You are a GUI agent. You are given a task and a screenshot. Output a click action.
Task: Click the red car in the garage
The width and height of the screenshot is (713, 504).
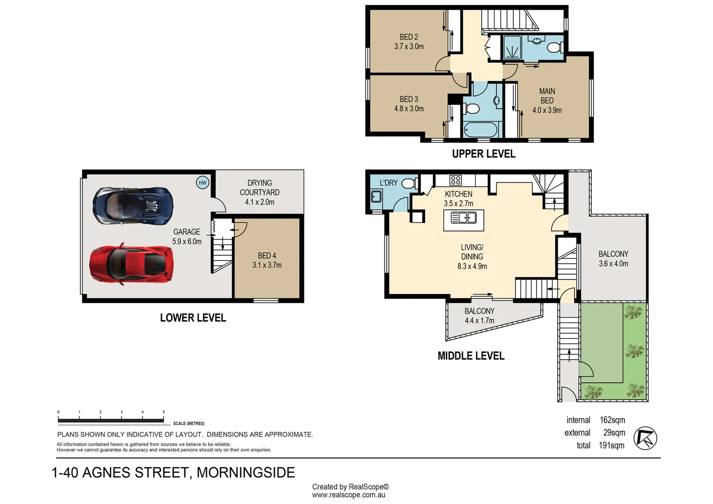point(131,264)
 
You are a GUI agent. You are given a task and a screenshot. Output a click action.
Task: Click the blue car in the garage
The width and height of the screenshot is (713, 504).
point(133,206)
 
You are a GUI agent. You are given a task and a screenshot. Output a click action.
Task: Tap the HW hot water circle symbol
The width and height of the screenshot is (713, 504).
point(202,182)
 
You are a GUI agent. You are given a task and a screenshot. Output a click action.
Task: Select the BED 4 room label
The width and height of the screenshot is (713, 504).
point(267,256)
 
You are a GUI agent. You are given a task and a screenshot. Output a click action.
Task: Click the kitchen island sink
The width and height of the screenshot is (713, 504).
point(463,218)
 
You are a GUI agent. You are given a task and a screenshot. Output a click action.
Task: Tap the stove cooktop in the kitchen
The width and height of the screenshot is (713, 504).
point(455,180)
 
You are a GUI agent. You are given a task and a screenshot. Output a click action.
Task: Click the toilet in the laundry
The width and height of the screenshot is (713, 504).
point(409,183)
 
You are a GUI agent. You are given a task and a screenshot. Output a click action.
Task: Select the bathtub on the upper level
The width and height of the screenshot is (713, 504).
point(481,130)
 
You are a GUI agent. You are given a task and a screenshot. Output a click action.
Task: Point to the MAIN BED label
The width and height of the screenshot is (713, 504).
point(547,96)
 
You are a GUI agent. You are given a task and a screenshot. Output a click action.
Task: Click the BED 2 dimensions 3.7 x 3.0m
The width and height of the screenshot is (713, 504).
point(409,47)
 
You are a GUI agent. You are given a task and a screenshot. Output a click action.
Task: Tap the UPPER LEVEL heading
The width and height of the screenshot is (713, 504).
point(483,154)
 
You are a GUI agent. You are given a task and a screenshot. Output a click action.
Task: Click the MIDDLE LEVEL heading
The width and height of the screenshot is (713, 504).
point(471,356)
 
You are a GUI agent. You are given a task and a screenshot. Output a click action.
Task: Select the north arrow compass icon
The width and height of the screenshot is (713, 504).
point(645,438)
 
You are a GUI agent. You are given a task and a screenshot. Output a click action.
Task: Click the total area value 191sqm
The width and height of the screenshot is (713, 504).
point(611,446)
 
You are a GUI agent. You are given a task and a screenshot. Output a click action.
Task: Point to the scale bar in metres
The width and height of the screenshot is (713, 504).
point(111,420)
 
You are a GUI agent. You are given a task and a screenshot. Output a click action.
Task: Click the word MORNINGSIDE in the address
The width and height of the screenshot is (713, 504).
point(245,473)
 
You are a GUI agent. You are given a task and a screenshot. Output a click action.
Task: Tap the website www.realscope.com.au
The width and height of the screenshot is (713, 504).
point(349,495)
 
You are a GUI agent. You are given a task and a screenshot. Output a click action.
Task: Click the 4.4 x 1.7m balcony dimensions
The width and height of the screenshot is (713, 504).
point(479,321)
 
